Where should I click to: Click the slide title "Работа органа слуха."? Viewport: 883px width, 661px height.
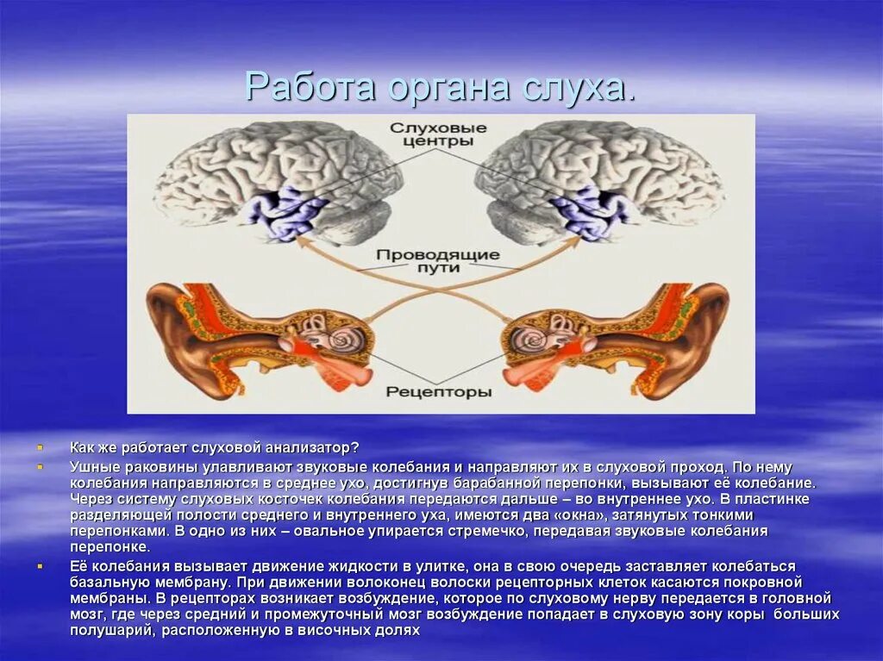[x=440, y=87]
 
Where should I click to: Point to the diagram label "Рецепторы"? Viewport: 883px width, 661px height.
[x=438, y=392]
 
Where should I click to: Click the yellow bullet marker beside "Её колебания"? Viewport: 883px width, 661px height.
[x=41, y=566]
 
